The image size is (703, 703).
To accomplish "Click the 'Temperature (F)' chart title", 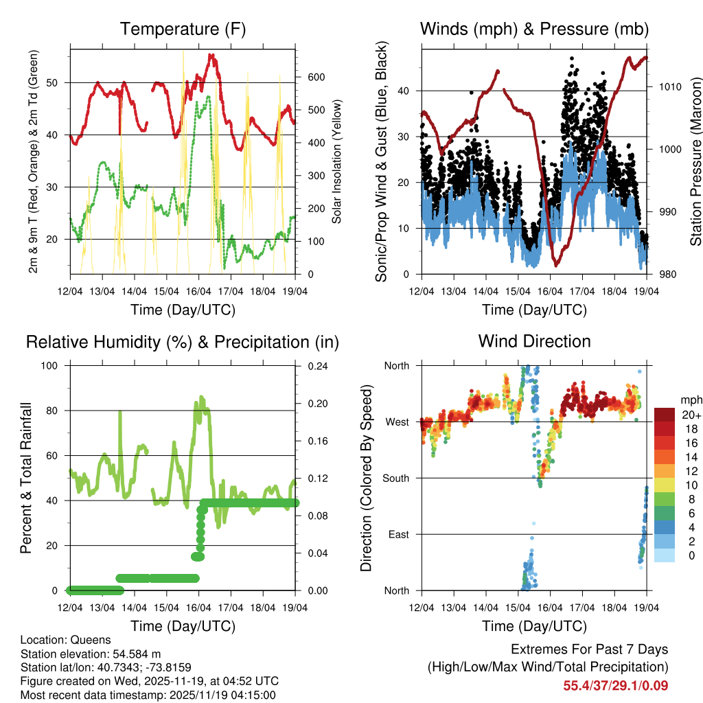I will click(183, 30).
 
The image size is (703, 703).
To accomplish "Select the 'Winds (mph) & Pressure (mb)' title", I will click(534, 30).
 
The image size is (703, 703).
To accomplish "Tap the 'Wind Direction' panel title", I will click(534, 341).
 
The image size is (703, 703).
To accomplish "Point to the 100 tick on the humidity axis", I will click(51, 366).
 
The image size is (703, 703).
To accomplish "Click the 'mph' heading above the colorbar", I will click(689, 400).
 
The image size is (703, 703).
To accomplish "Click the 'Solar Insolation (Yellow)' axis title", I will click(337, 162).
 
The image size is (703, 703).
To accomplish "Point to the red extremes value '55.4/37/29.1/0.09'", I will click(616, 685).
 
